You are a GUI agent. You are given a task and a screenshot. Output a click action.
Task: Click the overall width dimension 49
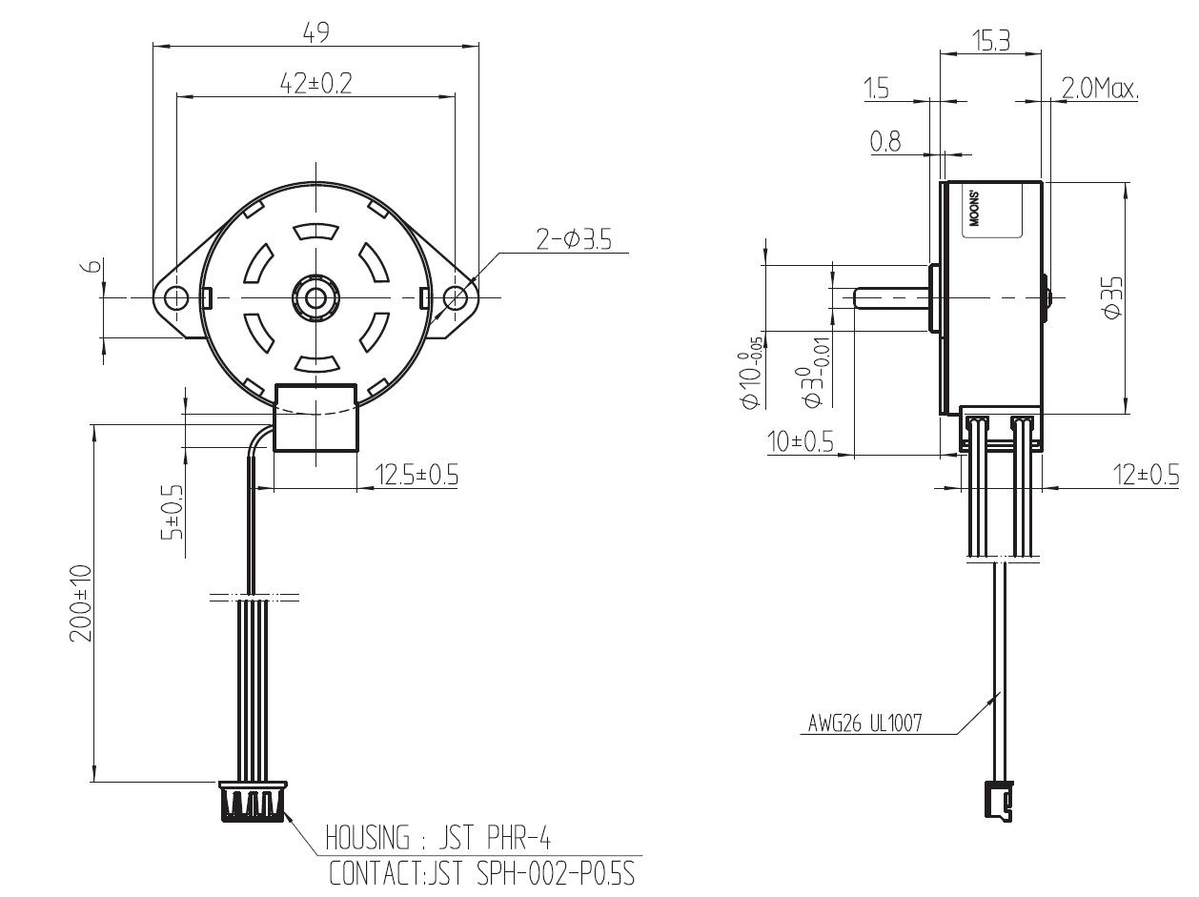pyautogui.click(x=315, y=32)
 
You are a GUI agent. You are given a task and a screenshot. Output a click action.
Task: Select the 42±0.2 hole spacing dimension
pyautogui.click(x=315, y=84)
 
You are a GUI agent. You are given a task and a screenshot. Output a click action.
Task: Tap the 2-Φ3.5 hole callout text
pyautogui.click(x=574, y=239)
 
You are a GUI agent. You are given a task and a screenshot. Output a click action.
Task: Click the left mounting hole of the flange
pyautogui.click(x=176, y=297)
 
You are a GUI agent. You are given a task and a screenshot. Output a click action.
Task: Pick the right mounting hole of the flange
pyautogui.click(x=455, y=297)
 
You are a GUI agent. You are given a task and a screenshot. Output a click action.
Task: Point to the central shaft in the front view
pyautogui.click(x=315, y=297)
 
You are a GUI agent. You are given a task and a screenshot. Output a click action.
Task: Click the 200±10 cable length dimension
pyautogui.click(x=81, y=603)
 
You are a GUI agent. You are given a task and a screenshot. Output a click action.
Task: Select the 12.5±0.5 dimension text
pyautogui.click(x=417, y=475)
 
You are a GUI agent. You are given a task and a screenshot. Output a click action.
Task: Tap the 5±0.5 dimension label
pyautogui.click(x=172, y=512)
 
